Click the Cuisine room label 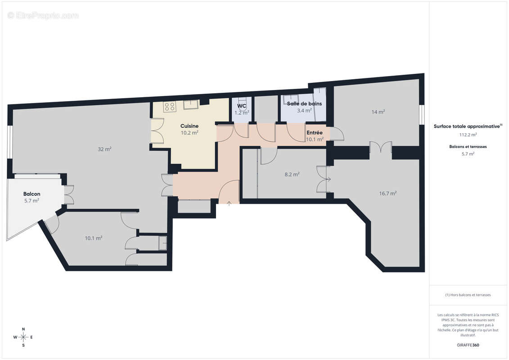pos(189,126)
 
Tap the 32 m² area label pos(105,149)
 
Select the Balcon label pos(32,194)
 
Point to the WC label pos(242,106)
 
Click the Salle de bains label pos(304,103)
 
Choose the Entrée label pos(314,133)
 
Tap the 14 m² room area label pos(378,112)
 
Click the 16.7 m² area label pos(387,193)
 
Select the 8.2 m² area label pos(292,174)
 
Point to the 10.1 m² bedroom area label pos(94,238)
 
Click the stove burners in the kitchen pos(170,107)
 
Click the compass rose pos(23,337)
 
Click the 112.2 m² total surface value pos(468,134)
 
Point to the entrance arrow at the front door pos(229,203)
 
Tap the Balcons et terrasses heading pos(468,146)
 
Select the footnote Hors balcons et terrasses pos(468,295)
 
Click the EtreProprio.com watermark pos(43,15)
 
